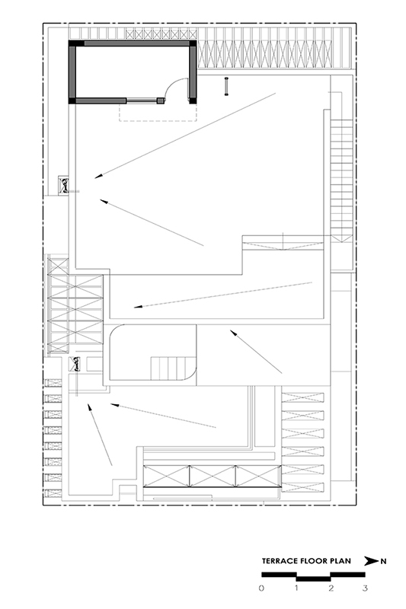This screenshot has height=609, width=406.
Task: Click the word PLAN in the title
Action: point(340,561)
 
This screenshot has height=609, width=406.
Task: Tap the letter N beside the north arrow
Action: point(383,561)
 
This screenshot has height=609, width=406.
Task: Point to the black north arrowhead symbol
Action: point(371,561)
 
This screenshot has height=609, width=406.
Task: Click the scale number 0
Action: point(261,588)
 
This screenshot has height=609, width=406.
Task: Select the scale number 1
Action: point(296,588)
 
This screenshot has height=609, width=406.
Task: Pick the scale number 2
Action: point(331,588)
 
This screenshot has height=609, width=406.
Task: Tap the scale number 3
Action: point(365,588)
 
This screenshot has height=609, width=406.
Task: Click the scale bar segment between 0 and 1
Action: point(279,575)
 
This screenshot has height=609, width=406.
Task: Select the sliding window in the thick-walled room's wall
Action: point(142,101)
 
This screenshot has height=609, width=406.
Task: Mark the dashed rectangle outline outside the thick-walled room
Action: point(158,120)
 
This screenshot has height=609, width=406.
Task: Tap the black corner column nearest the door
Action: point(192,100)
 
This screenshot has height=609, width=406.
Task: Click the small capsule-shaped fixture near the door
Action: point(226,86)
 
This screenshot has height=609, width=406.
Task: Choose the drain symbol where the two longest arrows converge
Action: point(64,186)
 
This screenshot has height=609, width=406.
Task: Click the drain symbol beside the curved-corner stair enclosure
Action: point(75,364)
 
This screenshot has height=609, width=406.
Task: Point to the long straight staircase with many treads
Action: point(341,180)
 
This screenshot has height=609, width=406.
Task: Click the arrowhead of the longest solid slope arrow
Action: point(99,176)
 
